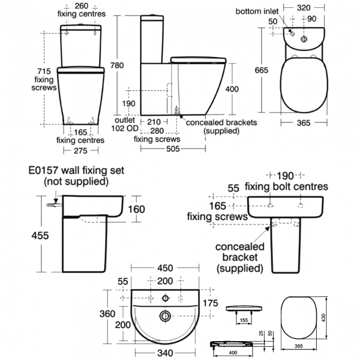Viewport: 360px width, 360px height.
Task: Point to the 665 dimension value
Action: click(x=262, y=69)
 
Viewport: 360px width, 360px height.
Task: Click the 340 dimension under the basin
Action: click(x=164, y=352)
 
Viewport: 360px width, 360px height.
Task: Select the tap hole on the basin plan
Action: click(x=164, y=298)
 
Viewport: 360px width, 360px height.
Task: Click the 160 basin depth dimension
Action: click(x=136, y=209)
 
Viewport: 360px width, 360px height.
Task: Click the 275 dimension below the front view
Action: click(x=80, y=150)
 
